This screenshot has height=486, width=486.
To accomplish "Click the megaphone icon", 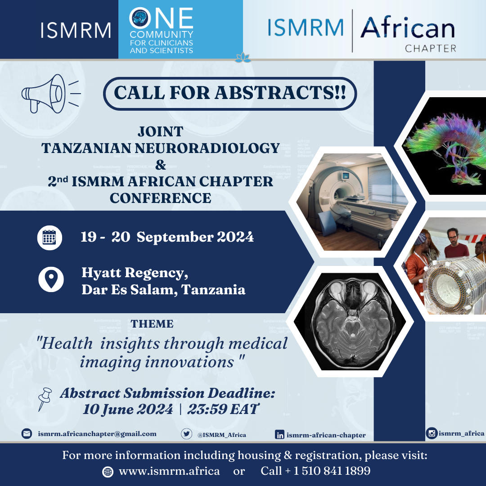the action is tap(49, 94).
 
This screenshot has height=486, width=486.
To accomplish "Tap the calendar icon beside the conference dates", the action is tap(49, 238).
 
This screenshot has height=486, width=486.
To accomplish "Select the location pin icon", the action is tap(51, 279).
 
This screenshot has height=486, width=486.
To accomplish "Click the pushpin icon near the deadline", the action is tap(45, 399).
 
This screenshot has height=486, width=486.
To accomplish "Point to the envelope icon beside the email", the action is tap(27, 433).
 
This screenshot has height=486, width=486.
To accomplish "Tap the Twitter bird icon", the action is tap(187, 434).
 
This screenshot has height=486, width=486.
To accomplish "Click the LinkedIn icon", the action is tap(279, 435).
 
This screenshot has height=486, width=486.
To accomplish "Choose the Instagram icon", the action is tap(432, 433).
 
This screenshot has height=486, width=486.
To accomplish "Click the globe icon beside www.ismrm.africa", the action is tap(108, 472).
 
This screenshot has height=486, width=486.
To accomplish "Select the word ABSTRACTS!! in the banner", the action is tap(280, 93).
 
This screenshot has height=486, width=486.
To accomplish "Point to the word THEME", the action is tap(152, 324).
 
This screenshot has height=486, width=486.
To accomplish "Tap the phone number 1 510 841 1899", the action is tap(332, 471).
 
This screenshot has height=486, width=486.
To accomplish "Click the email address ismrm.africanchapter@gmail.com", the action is tap(97, 434).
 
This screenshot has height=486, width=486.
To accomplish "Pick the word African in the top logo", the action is tap(407, 27).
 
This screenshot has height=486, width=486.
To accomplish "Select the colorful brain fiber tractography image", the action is tap(447, 146).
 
